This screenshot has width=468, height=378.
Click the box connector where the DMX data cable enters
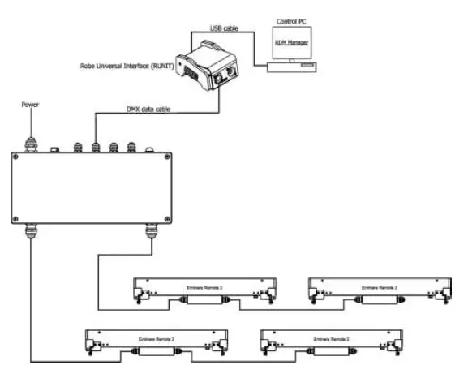pos(96,147)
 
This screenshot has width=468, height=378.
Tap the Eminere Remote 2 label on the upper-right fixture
pos(379,287)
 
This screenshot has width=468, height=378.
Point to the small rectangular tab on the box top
pos(53,149)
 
